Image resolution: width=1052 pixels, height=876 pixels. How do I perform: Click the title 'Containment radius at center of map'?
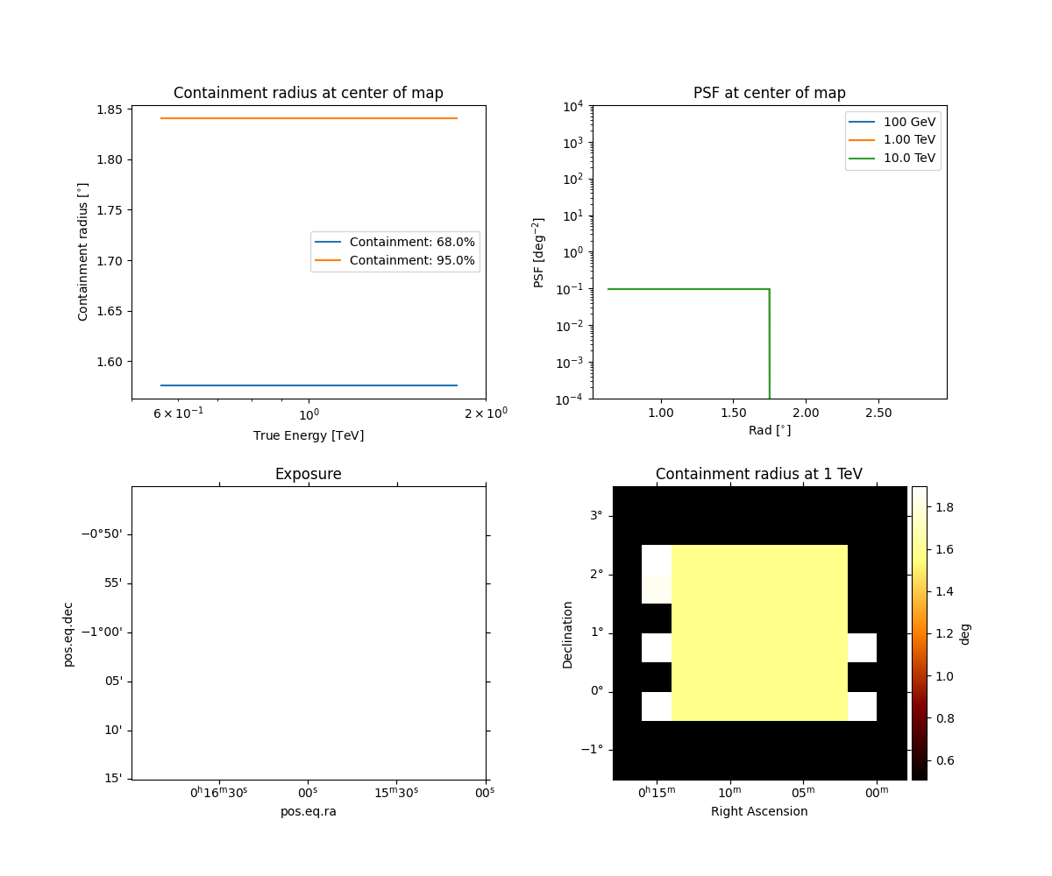(308, 93)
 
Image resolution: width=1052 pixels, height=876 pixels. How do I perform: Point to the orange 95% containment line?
(308, 118)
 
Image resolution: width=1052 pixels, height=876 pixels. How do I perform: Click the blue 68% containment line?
(308, 385)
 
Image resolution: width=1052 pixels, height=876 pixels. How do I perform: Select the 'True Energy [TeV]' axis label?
(308, 435)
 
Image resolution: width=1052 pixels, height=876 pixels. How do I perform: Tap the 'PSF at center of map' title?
(769, 93)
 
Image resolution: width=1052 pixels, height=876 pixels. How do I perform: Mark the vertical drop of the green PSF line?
(770, 346)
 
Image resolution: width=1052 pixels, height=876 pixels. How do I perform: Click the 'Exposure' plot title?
(308, 474)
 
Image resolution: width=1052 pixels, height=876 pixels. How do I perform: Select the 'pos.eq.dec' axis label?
(68, 633)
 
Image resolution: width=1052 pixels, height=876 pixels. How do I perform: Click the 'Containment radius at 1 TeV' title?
(758, 474)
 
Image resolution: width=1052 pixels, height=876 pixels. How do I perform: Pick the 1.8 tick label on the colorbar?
(944, 507)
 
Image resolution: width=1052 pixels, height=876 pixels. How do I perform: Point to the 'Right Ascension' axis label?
(759, 811)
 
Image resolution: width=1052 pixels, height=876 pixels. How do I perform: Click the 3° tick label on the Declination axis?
(596, 515)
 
